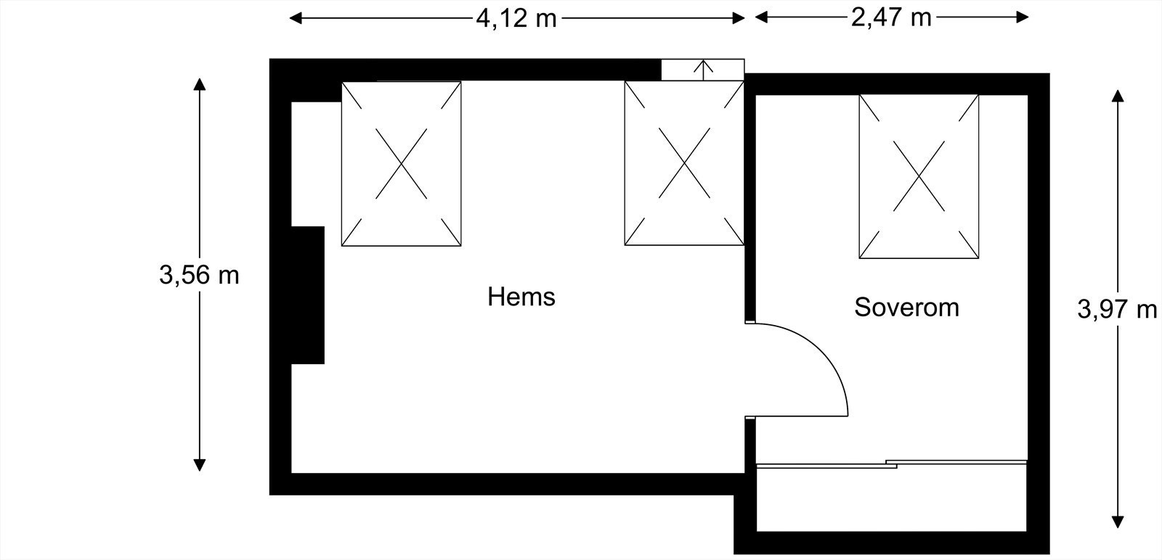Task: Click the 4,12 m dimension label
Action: coord(516,18)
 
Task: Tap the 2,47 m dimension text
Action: coord(891,17)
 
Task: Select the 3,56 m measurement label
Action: coord(199,275)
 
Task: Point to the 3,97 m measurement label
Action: coord(1117,309)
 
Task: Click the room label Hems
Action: coord(521,297)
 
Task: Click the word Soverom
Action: coord(906,307)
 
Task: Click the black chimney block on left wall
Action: coord(307,295)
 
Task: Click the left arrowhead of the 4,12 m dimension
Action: coord(295,18)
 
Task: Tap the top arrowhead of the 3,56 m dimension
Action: coord(200,83)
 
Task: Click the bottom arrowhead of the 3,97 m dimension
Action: coord(1118,522)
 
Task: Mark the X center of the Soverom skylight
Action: coord(919,176)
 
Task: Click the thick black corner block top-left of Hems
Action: coord(305,80)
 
